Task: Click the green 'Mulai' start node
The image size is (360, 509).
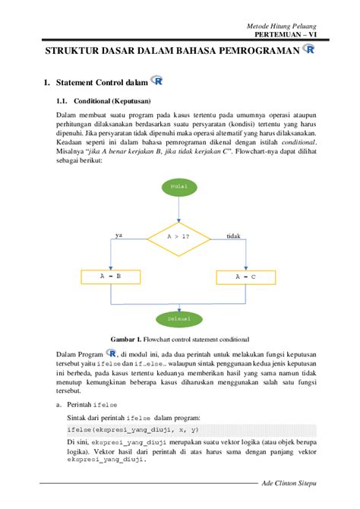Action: click(179, 186)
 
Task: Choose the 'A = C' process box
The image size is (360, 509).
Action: click(245, 277)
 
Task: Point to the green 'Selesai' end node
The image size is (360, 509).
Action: click(179, 318)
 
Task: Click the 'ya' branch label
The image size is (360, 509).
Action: click(118, 236)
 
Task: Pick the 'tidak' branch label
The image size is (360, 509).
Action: click(233, 236)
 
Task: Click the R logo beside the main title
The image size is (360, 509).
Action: click(308, 49)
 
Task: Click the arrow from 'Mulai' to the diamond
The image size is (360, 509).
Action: click(179, 208)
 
